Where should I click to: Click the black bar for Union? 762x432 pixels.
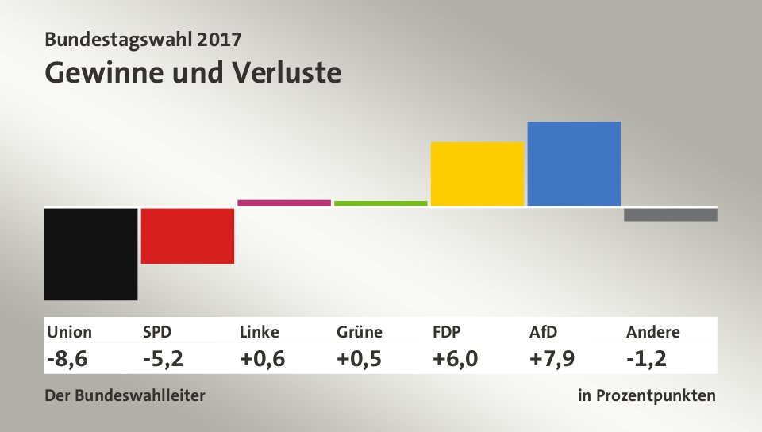(x=91, y=254)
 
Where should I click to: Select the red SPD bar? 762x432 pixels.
(x=187, y=236)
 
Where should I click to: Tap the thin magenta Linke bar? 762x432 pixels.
(x=284, y=202)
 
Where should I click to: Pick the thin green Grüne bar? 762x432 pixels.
(x=381, y=203)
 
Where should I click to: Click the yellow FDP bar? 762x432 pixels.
(x=477, y=174)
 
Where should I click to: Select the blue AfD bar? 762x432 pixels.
(x=574, y=164)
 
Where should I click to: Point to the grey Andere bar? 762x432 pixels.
(x=671, y=214)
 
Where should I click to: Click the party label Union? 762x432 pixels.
(x=70, y=332)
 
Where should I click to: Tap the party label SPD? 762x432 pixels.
(x=157, y=332)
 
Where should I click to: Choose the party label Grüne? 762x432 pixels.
(x=360, y=332)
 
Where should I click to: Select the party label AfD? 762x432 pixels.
(x=543, y=332)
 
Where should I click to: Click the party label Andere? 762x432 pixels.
(x=652, y=332)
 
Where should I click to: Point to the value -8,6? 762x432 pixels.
(x=67, y=359)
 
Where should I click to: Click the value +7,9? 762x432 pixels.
(x=552, y=359)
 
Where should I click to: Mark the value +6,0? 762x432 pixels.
(x=456, y=359)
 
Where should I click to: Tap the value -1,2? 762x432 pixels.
(x=646, y=359)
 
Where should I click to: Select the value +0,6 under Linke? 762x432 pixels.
(x=262, y=359)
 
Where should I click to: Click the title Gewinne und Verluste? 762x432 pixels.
(x=193, y=72)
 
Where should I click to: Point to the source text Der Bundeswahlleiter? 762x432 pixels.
(x=125, y=395)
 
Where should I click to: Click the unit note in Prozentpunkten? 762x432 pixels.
(x=647, y=395)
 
